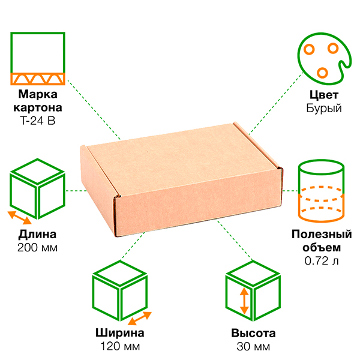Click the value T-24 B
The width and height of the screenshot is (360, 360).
(x=38, y=120)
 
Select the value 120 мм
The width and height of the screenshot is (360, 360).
(x=119, y=347)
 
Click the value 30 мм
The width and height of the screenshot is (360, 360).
(x=253, y=347)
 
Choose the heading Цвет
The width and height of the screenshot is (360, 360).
(x=323, y=95)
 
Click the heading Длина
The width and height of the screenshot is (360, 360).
(x=38, y=234)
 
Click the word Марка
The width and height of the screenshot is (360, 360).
(x=38, y=95)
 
